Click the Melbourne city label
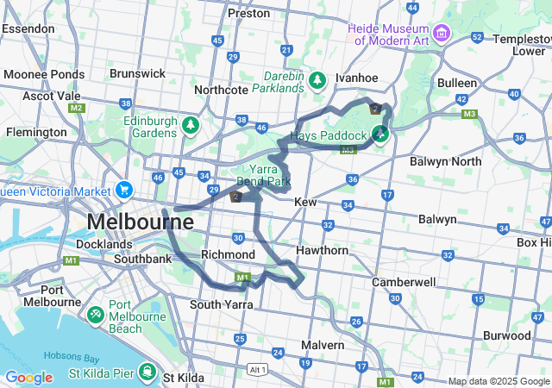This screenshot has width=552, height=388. pos(139,222)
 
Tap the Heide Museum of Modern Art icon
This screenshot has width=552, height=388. pos(442,33)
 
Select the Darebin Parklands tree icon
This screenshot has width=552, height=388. pos(317,80)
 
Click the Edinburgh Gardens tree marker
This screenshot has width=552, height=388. pos(190,127)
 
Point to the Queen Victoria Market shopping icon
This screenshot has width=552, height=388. pos(124,190)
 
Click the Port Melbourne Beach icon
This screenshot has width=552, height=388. pos(95,311)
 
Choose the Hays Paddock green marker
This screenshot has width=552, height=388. pos(379,133)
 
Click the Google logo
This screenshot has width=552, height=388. pos(28,378)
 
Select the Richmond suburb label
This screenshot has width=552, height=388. pos(228,254)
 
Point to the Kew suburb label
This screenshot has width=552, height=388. pos(306,201)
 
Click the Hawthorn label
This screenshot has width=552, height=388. pos(322,250)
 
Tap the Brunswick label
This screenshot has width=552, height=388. pos(138,73)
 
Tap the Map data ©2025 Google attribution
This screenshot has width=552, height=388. pos(499,381)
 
